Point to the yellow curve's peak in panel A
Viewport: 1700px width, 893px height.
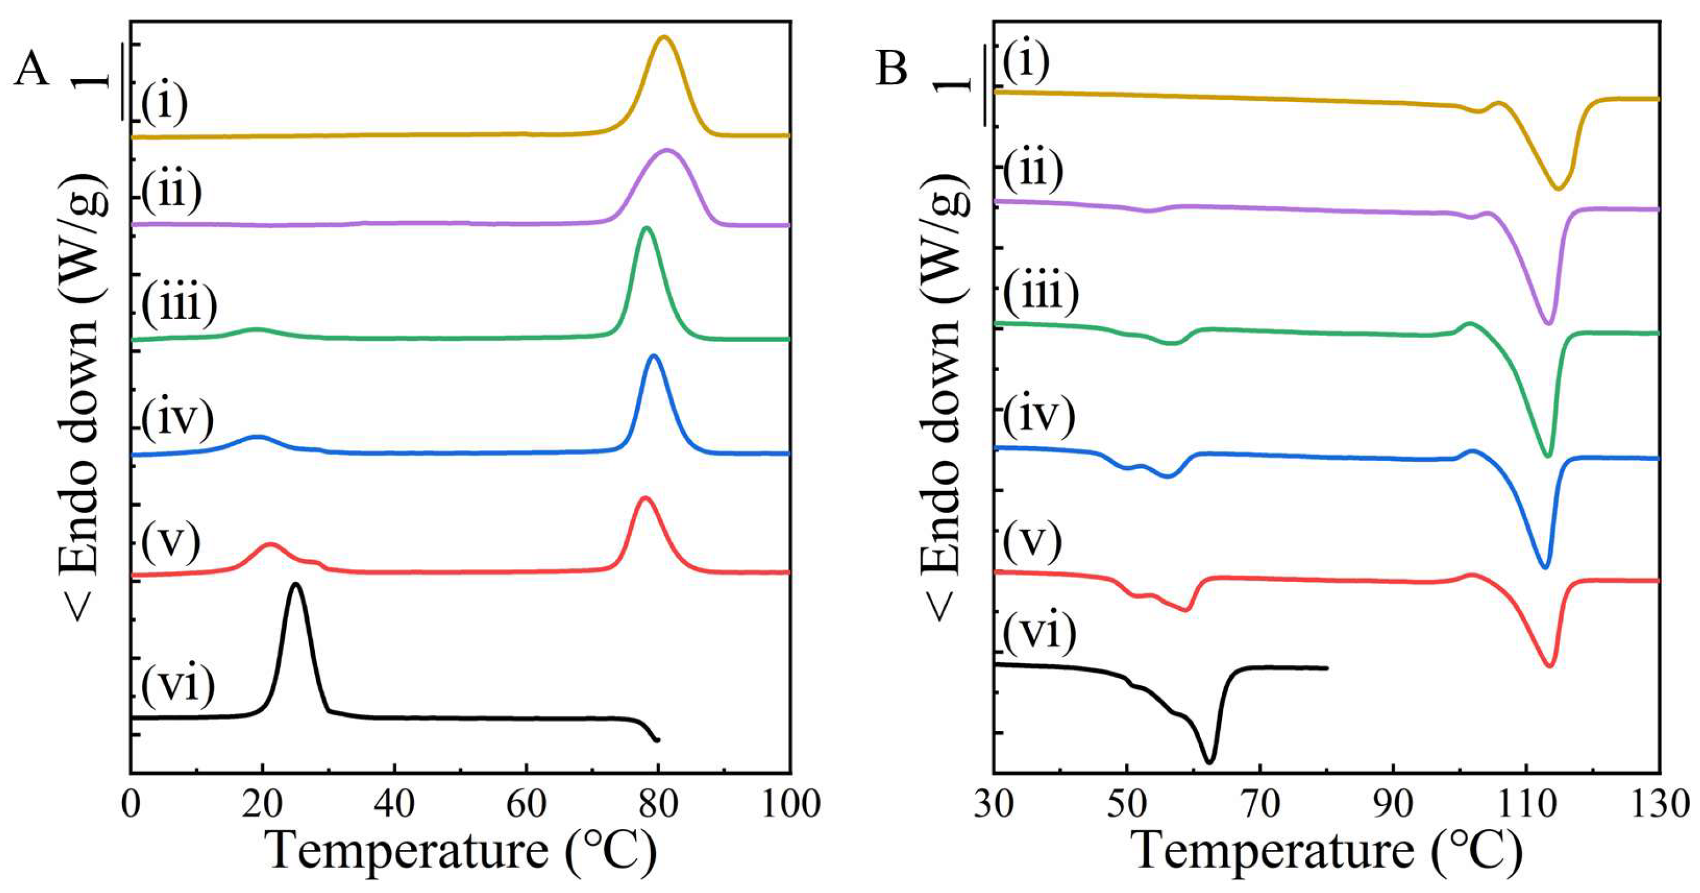tap(664, 38)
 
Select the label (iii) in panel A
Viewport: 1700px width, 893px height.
tap(179, 306)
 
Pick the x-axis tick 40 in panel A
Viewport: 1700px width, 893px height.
tap(394, 803)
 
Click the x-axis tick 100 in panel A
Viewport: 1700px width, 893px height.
tap(789, 803)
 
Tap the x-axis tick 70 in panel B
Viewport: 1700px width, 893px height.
tap(1260, 803)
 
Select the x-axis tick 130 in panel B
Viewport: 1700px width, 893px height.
tap(1659, 803)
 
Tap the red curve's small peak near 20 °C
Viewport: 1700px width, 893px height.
tap(270, 544)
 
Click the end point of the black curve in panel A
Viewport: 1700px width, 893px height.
tap(658, 741)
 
